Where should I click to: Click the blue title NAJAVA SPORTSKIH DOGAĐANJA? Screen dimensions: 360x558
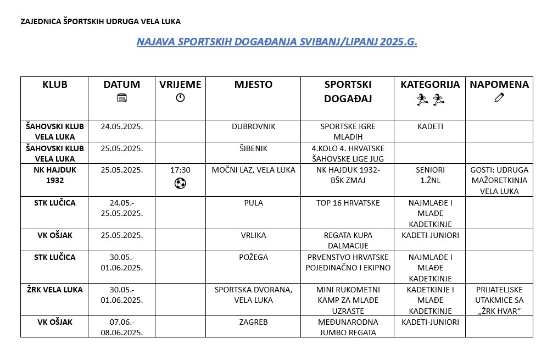coord(277,42)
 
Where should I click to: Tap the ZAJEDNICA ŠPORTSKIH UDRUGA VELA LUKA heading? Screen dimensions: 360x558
coord(101,21)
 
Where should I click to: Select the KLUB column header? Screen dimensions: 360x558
coord(54,85)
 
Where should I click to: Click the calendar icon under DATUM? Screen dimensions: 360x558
coord(122,98)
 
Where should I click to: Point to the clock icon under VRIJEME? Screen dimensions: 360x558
coord(180,98)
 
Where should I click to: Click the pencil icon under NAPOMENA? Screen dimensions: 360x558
coord(499,98)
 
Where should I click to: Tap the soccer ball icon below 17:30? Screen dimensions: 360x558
coord(180,184)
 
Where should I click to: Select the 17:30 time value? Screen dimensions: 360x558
coord(180,170)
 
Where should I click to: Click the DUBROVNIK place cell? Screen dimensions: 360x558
coord(253,126)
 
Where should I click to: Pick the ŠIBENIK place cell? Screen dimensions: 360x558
coord(253,148)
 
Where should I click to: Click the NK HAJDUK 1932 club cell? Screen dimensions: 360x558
coord(54,175)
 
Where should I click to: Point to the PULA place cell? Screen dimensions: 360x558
coord(253,203)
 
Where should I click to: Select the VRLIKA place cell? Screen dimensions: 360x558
coord(253,235)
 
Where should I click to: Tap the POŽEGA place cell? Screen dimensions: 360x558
coord(253,257)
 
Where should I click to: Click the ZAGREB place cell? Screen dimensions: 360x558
coord(253,322)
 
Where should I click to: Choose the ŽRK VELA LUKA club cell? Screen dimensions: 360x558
coord(54,290)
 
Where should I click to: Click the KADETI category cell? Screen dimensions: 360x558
coord(430,126)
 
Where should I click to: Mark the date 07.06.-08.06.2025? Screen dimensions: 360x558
coord(122,327)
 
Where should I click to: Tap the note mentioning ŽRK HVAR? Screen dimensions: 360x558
coord(499,300)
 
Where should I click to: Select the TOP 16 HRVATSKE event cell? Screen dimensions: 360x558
coord(348,203)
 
